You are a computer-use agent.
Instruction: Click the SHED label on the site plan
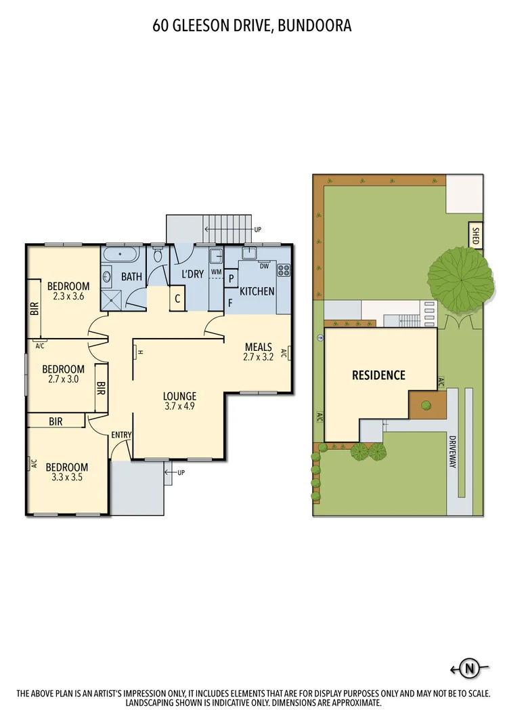coord(475,235)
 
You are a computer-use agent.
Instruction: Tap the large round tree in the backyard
coord(460,278)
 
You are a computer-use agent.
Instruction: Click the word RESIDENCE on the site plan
coord(378,375)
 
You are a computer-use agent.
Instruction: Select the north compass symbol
coord(468,669)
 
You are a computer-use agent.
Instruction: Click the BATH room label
coord(131,276)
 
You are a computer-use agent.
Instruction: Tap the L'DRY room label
coord(192,274)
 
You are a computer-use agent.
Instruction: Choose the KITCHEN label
coord(257,291)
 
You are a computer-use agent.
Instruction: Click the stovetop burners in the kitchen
coord(284,270)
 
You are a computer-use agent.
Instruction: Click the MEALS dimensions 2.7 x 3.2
coord(258,357)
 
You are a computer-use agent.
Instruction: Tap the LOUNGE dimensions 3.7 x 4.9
coord(179,406)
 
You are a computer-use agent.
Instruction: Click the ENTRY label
coord(121,435)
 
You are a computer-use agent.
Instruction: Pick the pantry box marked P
coord(231,278)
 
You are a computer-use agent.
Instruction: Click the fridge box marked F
coord(230,302)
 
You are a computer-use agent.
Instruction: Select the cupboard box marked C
coord(177,298)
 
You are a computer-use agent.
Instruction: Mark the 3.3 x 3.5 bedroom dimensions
coord(66,477)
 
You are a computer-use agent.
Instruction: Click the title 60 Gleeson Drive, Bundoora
coord(252,26)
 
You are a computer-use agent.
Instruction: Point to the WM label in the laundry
coord(216,272)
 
